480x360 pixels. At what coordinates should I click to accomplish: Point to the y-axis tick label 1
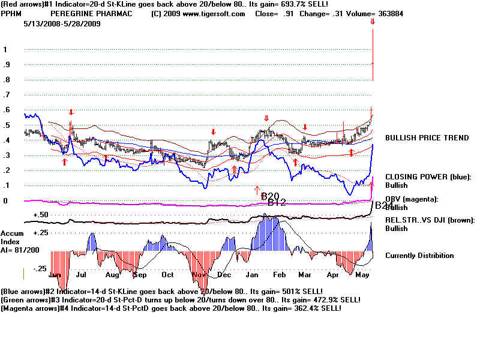[x=5, y=50]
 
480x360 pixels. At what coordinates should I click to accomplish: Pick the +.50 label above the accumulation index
[x=40, y=214]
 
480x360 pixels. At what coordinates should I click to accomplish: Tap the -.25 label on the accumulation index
[x=40, y=269]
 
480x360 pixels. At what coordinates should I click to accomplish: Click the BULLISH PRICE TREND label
[x=427, y=138]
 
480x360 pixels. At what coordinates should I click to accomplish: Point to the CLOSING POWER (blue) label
[x=428, y=177]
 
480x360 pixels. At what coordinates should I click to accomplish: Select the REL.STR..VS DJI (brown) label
[x=430, y=220]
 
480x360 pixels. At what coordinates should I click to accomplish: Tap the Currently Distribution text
[x=419, y=256]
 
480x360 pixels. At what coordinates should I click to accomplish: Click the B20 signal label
[x=270, y=196]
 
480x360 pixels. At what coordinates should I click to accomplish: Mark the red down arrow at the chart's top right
[x=373, y=22]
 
